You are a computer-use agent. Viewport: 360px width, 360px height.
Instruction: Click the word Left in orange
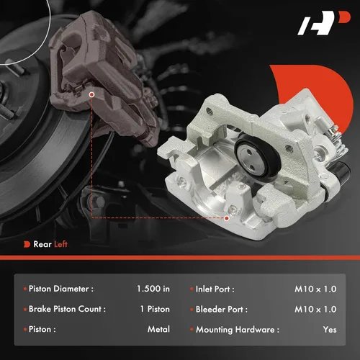(60, 244)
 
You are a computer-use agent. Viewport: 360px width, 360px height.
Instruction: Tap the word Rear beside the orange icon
(42, 244)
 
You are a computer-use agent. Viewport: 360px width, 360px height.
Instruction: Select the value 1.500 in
(153, 289)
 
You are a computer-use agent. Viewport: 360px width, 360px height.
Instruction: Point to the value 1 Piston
(155, 309)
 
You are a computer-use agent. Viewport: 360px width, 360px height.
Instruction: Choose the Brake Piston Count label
(67, 309)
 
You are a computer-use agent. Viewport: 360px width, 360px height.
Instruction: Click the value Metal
(158, 329)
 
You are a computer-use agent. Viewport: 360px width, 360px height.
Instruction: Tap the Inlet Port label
(215, 289)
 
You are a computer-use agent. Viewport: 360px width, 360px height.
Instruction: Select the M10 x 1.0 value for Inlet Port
(315, 289)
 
